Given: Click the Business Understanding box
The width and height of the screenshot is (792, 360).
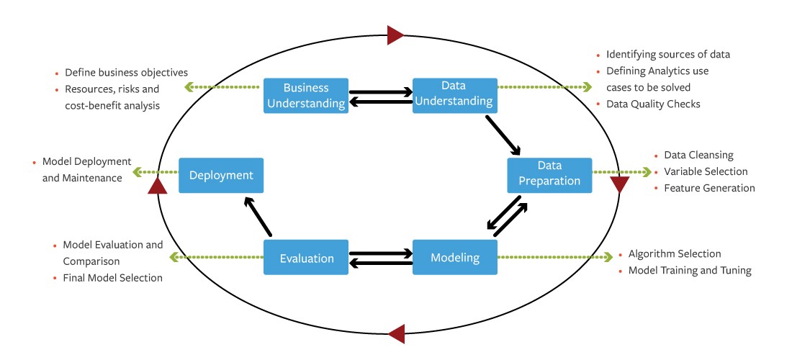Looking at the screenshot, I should (x=305, y=95).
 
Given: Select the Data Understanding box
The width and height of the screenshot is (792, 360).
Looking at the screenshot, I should (x=454, y=95).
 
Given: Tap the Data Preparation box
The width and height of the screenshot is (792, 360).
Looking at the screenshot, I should (x=549, y=175).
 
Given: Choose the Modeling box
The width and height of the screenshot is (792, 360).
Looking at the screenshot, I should (x=454, y=257).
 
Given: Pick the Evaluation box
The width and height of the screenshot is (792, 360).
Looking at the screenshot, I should (x=305, y=257).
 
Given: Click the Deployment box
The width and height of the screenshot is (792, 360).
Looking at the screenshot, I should (x=221, y=175).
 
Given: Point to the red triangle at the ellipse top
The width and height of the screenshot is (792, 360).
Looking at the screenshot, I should (x=396, y=34).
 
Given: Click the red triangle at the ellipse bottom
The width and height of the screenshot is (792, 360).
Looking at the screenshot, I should (x=396, y=333).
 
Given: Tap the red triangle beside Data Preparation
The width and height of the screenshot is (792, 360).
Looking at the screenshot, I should (x=619, y=184).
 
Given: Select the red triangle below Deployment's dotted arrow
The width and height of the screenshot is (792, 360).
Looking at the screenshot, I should (x=157, y=186).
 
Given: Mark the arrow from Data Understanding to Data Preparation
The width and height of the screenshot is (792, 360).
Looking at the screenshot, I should (x=503, y=135).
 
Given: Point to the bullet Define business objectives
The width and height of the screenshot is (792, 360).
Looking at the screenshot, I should (x=126, y=73).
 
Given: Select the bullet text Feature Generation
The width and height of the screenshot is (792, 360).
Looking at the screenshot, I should (x=709, y=188).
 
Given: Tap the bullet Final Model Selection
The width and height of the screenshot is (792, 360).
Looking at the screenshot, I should (x=112, y=277).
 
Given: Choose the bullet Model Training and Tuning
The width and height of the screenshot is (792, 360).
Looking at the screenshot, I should (x=690, y=271).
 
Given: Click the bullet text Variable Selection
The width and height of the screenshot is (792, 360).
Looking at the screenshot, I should (x=706, y=171).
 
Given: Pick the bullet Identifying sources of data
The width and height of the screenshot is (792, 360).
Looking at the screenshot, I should (x=668, y=54).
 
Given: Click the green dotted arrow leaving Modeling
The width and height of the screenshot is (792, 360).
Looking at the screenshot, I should (x=554, y=256).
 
